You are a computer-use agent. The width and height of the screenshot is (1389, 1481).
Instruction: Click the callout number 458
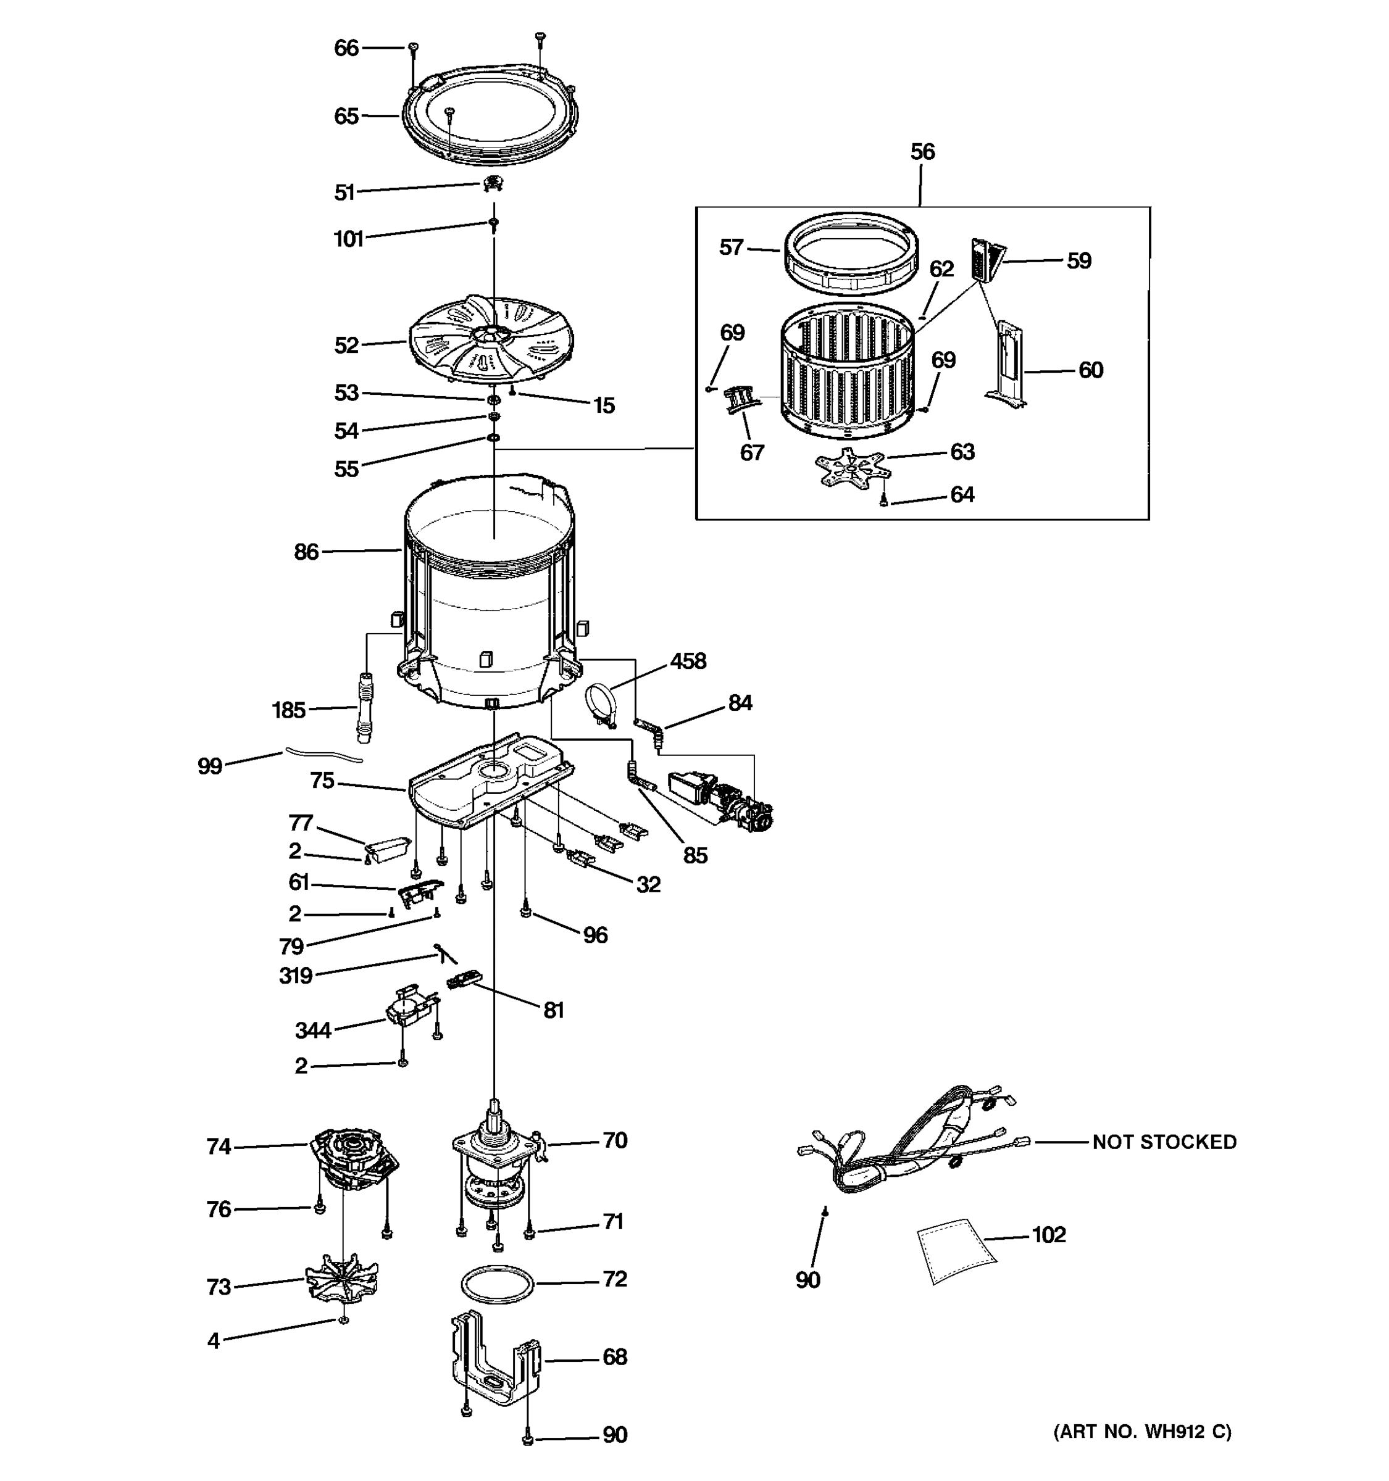point(687,661)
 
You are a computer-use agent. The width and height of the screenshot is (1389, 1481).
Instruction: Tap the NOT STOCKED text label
point(1164,1142)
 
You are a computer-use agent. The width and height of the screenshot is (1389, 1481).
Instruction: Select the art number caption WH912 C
point(1141,1431)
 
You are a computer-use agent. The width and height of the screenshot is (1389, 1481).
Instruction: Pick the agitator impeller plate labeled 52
point(492,339)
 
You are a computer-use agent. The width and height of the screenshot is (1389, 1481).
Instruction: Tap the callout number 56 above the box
point(922,152)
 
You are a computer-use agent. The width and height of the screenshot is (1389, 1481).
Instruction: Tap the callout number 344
point(312,1031)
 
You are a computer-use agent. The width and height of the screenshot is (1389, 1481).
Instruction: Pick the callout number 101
point(348,239)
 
